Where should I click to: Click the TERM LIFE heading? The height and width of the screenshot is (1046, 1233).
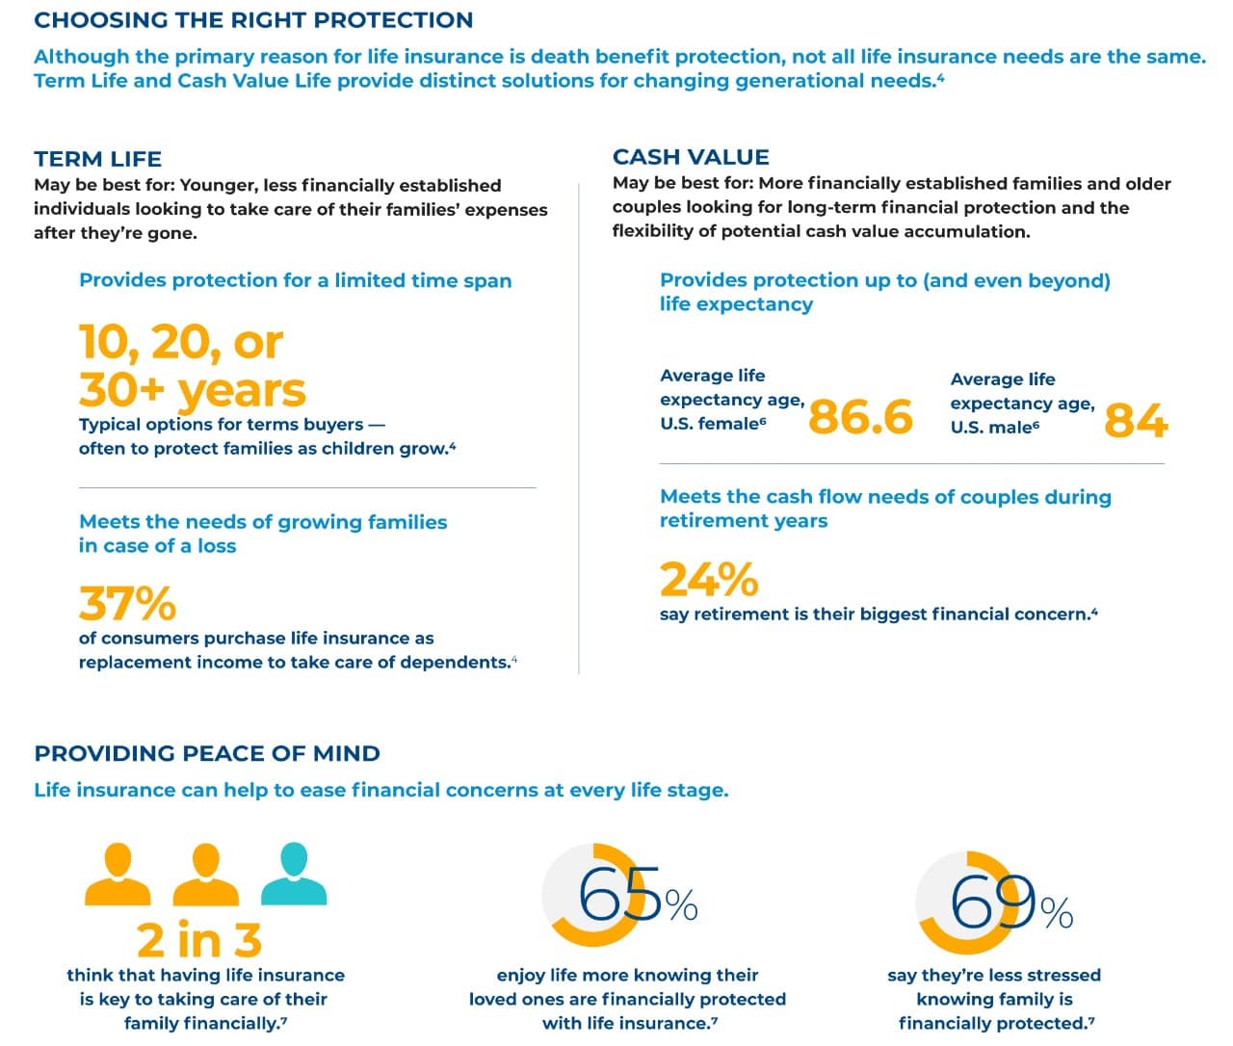pyautogui.click(x=97, y=159)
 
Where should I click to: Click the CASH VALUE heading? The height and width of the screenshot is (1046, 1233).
pyautogui.click(x=691, y=157)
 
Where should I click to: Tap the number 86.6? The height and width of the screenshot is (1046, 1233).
pyautogui.click(x=860, y=417)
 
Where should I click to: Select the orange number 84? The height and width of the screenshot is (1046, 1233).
pyautogui.click(x=1136, y=421)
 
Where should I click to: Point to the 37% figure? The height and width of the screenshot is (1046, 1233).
pyautogui.click(x=127, y=604)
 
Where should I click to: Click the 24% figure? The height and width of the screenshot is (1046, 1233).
pyautogui.click(x=708, y=580)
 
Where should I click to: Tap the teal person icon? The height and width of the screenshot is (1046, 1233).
pyautogui.click(x=294, y=875)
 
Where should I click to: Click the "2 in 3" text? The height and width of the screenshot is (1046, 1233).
pyautogui.click(x=198, y=940)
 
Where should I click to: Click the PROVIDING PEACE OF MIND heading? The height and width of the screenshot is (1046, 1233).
pyautogui.click(x=207, y=753)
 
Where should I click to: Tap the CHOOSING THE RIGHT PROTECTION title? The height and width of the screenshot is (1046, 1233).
pyautogui.click(x=253, y=20)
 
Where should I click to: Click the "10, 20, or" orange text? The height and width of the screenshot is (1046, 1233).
pyautogui.click(x=181, y=342)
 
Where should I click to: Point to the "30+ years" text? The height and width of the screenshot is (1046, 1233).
pyautogui.click(x=192, y=390)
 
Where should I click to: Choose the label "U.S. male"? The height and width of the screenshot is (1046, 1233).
pyautogui.click(x=991, y=428)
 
